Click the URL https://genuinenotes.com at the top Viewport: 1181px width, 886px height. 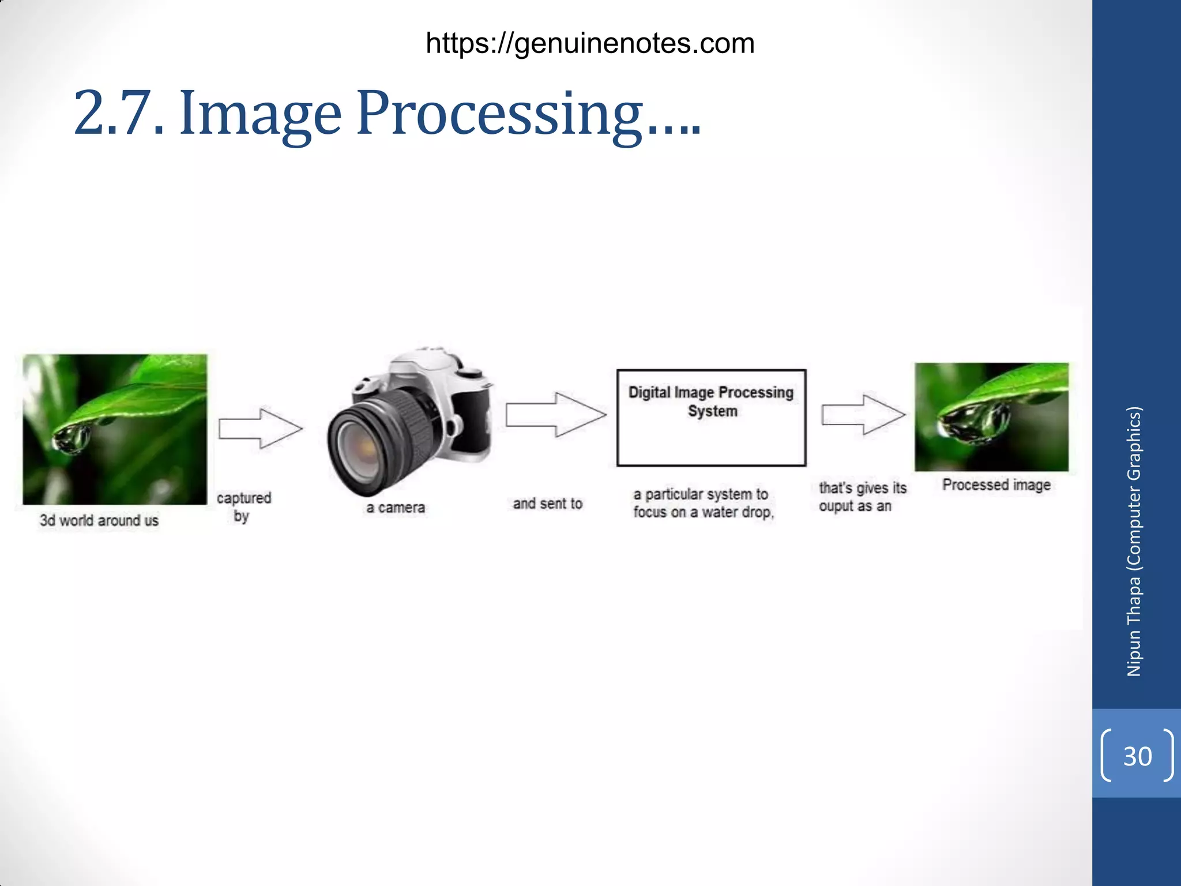click(x=590, y=44)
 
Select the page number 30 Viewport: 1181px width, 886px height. click(x=1137, y=756)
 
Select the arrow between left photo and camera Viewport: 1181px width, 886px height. click(x=261, y=428)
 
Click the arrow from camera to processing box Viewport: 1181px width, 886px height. click(x=556, y=414)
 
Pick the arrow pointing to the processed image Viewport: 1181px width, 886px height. click(x=863, y=414)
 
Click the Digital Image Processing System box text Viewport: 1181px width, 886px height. click(x=711, y=401)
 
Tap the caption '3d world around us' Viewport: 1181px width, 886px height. click(x=99, y=520)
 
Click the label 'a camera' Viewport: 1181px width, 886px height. click(x=396, y=508)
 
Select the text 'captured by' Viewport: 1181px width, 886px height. click(x=243, y=506)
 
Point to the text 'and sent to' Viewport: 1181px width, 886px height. click(x=547, y=504)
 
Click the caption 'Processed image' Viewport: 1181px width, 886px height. click(x=996, y=485)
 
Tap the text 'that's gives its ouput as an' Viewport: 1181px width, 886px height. click(x=862, y=497)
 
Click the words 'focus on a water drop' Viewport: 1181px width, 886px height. click(x=702, y=512)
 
